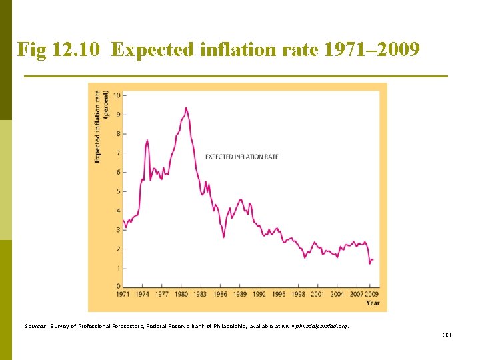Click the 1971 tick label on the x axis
pos(123,294)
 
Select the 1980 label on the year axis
pos(181,294)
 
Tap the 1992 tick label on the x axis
pos(259,294)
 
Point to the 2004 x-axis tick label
pos(337,294)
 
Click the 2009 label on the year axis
pos(372,294)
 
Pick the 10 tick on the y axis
pos(117,95)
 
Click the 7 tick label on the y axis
pos(119,153)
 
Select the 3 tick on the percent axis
pos(119,230)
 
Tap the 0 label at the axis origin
pos(119,286)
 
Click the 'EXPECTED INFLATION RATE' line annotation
pos(242,157)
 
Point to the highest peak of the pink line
pos(186,108)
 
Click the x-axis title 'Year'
pos(373,303)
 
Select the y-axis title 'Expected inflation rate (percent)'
pos(101,127)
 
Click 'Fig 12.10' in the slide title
pos(59,49)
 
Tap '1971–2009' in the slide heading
pos(371,49)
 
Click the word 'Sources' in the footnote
pos(35,326)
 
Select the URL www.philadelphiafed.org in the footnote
pos(314,326)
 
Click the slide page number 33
pos(447,335)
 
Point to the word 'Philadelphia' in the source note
pos(229,326)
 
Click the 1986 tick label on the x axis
pos(220,294)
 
